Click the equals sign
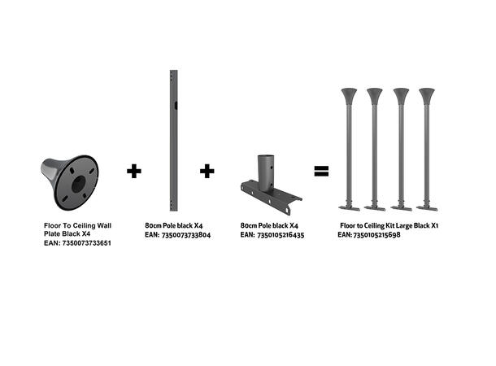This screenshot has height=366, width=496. (x=321, y=171)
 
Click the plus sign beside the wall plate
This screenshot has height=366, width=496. (x=134, y=171)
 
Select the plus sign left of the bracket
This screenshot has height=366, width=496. (x=207, y=171)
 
